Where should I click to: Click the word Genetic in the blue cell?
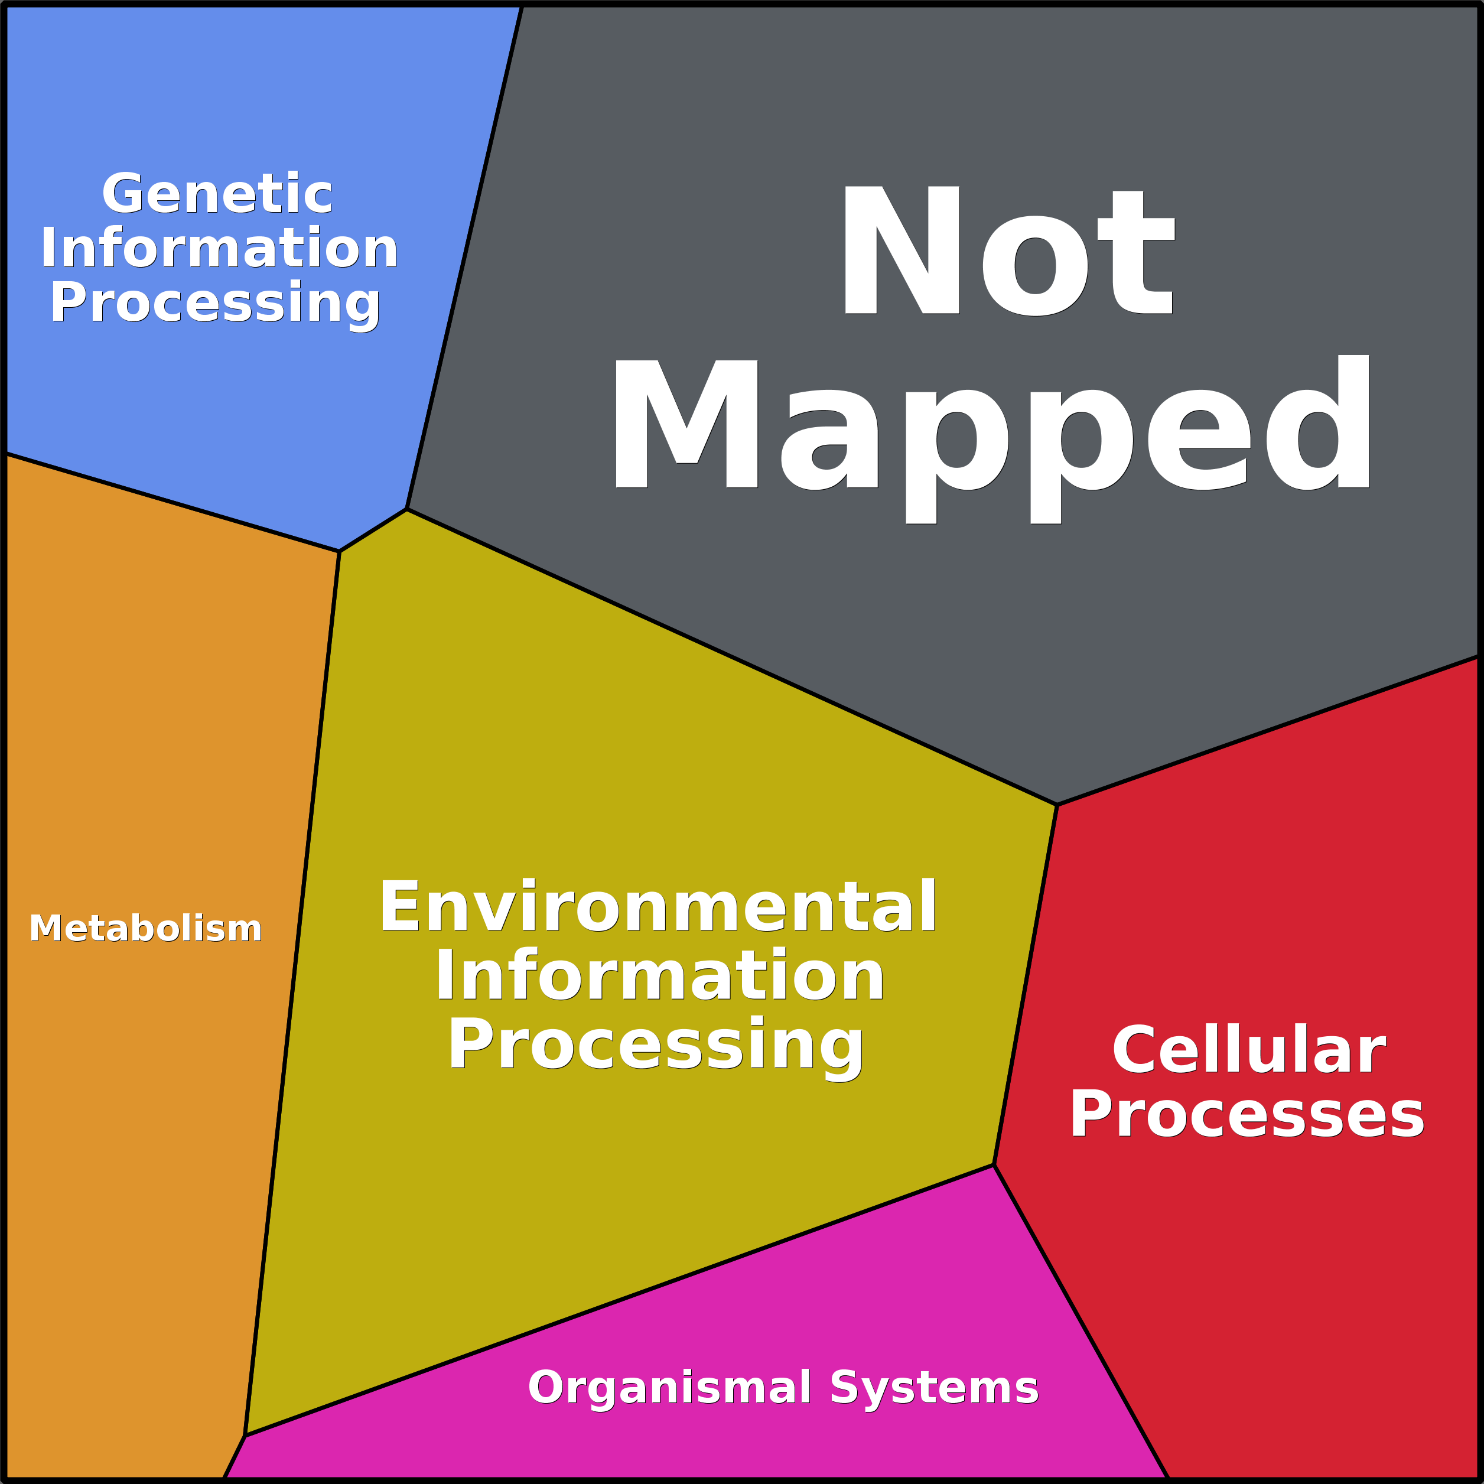tap(217, 194)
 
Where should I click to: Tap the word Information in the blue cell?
tap(219, 248)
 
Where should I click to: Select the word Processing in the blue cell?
tap(215, 302)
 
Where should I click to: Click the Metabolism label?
tap(146, 928)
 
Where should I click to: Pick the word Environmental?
tap(658, 906)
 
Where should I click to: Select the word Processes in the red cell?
tap(1247, 1115)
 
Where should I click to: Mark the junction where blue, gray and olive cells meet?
tap(406, 509)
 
